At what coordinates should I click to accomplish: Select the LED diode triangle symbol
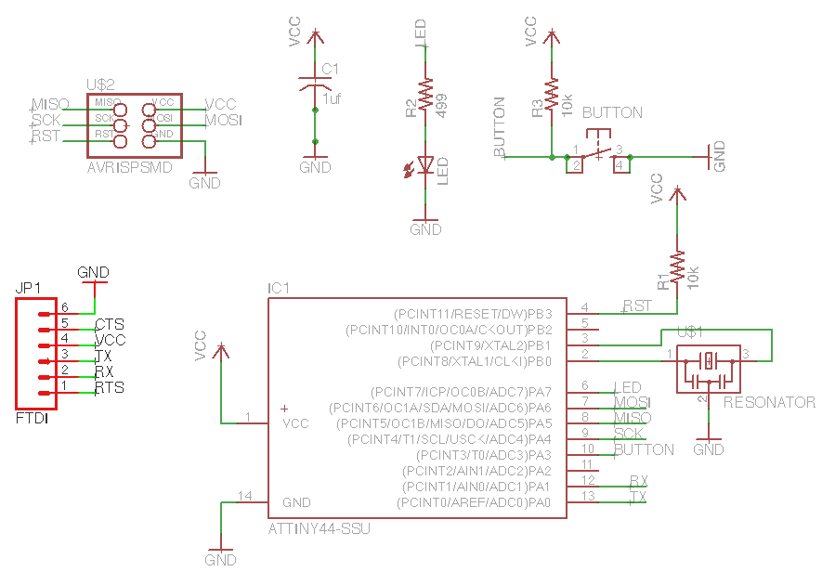(426, 164)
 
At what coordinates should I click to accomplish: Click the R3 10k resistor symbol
(551, 95)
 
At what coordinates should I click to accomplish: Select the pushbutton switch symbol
(598, 154)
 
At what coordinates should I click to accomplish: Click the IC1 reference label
(279, 289)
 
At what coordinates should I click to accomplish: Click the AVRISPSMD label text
(130, 168)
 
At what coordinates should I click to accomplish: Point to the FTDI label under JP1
(33, 419)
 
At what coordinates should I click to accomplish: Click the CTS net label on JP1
(110, 324)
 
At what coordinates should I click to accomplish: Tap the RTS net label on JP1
(110, 387)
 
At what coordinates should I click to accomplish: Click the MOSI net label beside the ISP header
(223, 120)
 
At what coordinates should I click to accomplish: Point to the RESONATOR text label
(769, 402)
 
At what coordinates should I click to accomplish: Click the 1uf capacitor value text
(332, 98)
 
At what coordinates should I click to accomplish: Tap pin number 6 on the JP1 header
(65, 307)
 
